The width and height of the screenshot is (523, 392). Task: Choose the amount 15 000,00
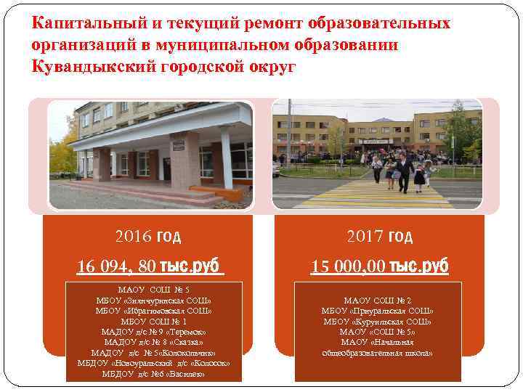click(x=348, y=266)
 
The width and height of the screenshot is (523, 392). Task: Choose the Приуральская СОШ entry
click(x=377, y=311)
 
